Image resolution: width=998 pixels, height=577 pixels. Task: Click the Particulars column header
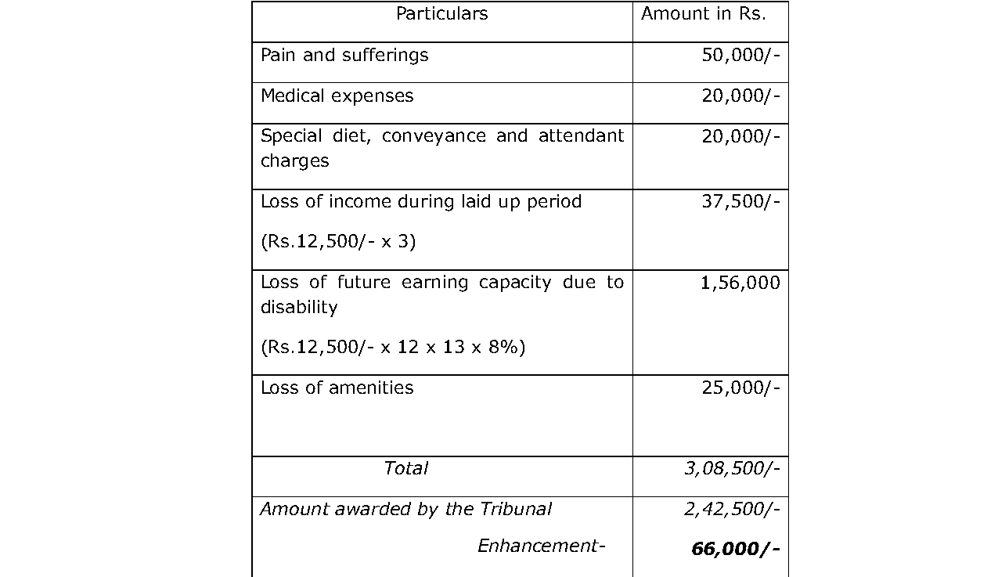click(x=441, y=14)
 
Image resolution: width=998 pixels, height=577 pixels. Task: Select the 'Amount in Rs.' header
click(x=703, y=14)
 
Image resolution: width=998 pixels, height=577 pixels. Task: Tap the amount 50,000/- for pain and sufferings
click(x=740, y=56)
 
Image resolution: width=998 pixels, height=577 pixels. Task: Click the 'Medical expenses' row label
click(x=337, y=96)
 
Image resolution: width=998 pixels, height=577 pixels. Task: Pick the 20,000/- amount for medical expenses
click(x=740, y=96)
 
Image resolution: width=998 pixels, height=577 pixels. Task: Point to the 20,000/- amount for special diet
click(x=740, y=137)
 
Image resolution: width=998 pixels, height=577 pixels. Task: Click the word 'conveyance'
click(x=434, y=137)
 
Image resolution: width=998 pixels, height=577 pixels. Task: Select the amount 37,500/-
click(x=740, y=202)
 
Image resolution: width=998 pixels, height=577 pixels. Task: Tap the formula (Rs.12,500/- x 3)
click(x=337, y=242)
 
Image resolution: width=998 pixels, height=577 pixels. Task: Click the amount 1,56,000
click(x=740, y=283)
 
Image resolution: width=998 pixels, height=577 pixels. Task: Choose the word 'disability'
click(x=299, y=307)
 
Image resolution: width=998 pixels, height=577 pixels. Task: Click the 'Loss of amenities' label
click(x=337, y=388)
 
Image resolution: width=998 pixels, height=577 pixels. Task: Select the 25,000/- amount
click(x=740, y=388)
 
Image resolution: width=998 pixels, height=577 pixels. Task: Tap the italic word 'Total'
click(x=405, y=469)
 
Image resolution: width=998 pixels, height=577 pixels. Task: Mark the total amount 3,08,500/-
click(x=732, y=469)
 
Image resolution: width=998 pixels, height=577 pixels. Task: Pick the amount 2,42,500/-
click(x=732, y=510)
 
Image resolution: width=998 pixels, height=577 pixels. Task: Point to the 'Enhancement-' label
click(x=542, y=546)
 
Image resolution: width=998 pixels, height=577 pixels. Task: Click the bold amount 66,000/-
click(x=735, y=550)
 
